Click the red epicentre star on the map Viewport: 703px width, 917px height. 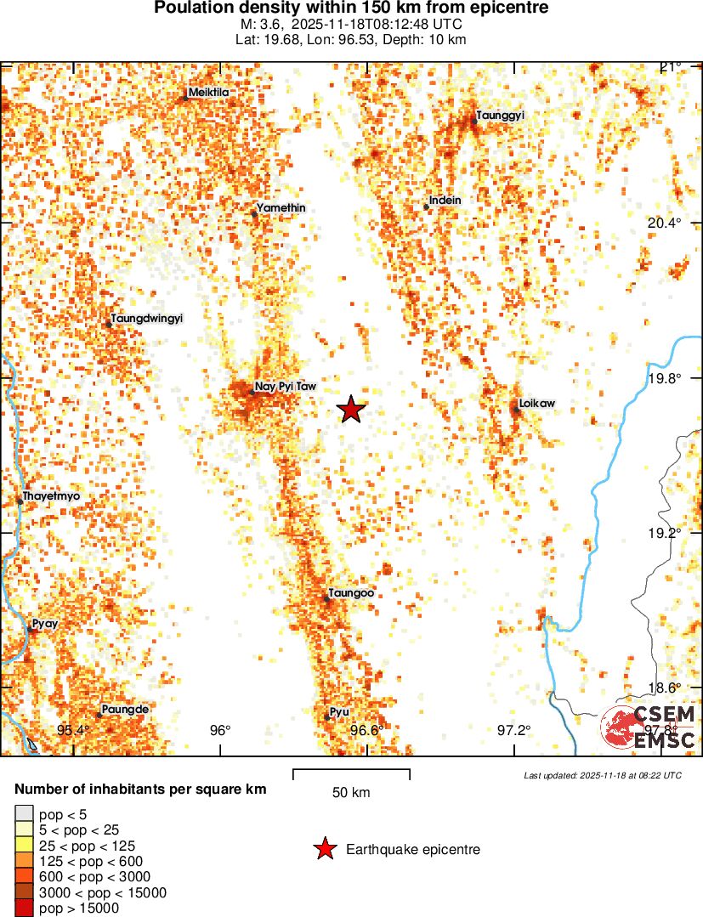(x=351, y=410)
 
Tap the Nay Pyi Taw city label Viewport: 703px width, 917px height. (x=285, y=387)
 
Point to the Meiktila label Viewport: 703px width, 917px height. (x=209, y=93)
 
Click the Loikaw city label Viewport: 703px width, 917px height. (x=536, y=404)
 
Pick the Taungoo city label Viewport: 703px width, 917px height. (x=350, y=593)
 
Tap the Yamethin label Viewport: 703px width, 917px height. (x=281, y=208)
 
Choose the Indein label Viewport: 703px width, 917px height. (x=445, y=201)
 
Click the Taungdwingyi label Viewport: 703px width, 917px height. (x=146, y=318)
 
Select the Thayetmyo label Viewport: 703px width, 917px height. (x=51, y=495)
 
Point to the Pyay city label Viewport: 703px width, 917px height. (x=44, y=624)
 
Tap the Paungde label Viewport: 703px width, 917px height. (x=125, y=709)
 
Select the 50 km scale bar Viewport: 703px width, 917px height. (x=351, y=773)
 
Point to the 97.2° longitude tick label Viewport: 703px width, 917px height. (x=513, y=730)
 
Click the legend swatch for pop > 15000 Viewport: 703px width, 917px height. (x=25, y=908)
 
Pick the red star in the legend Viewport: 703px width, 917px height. (x=324, y=849)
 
